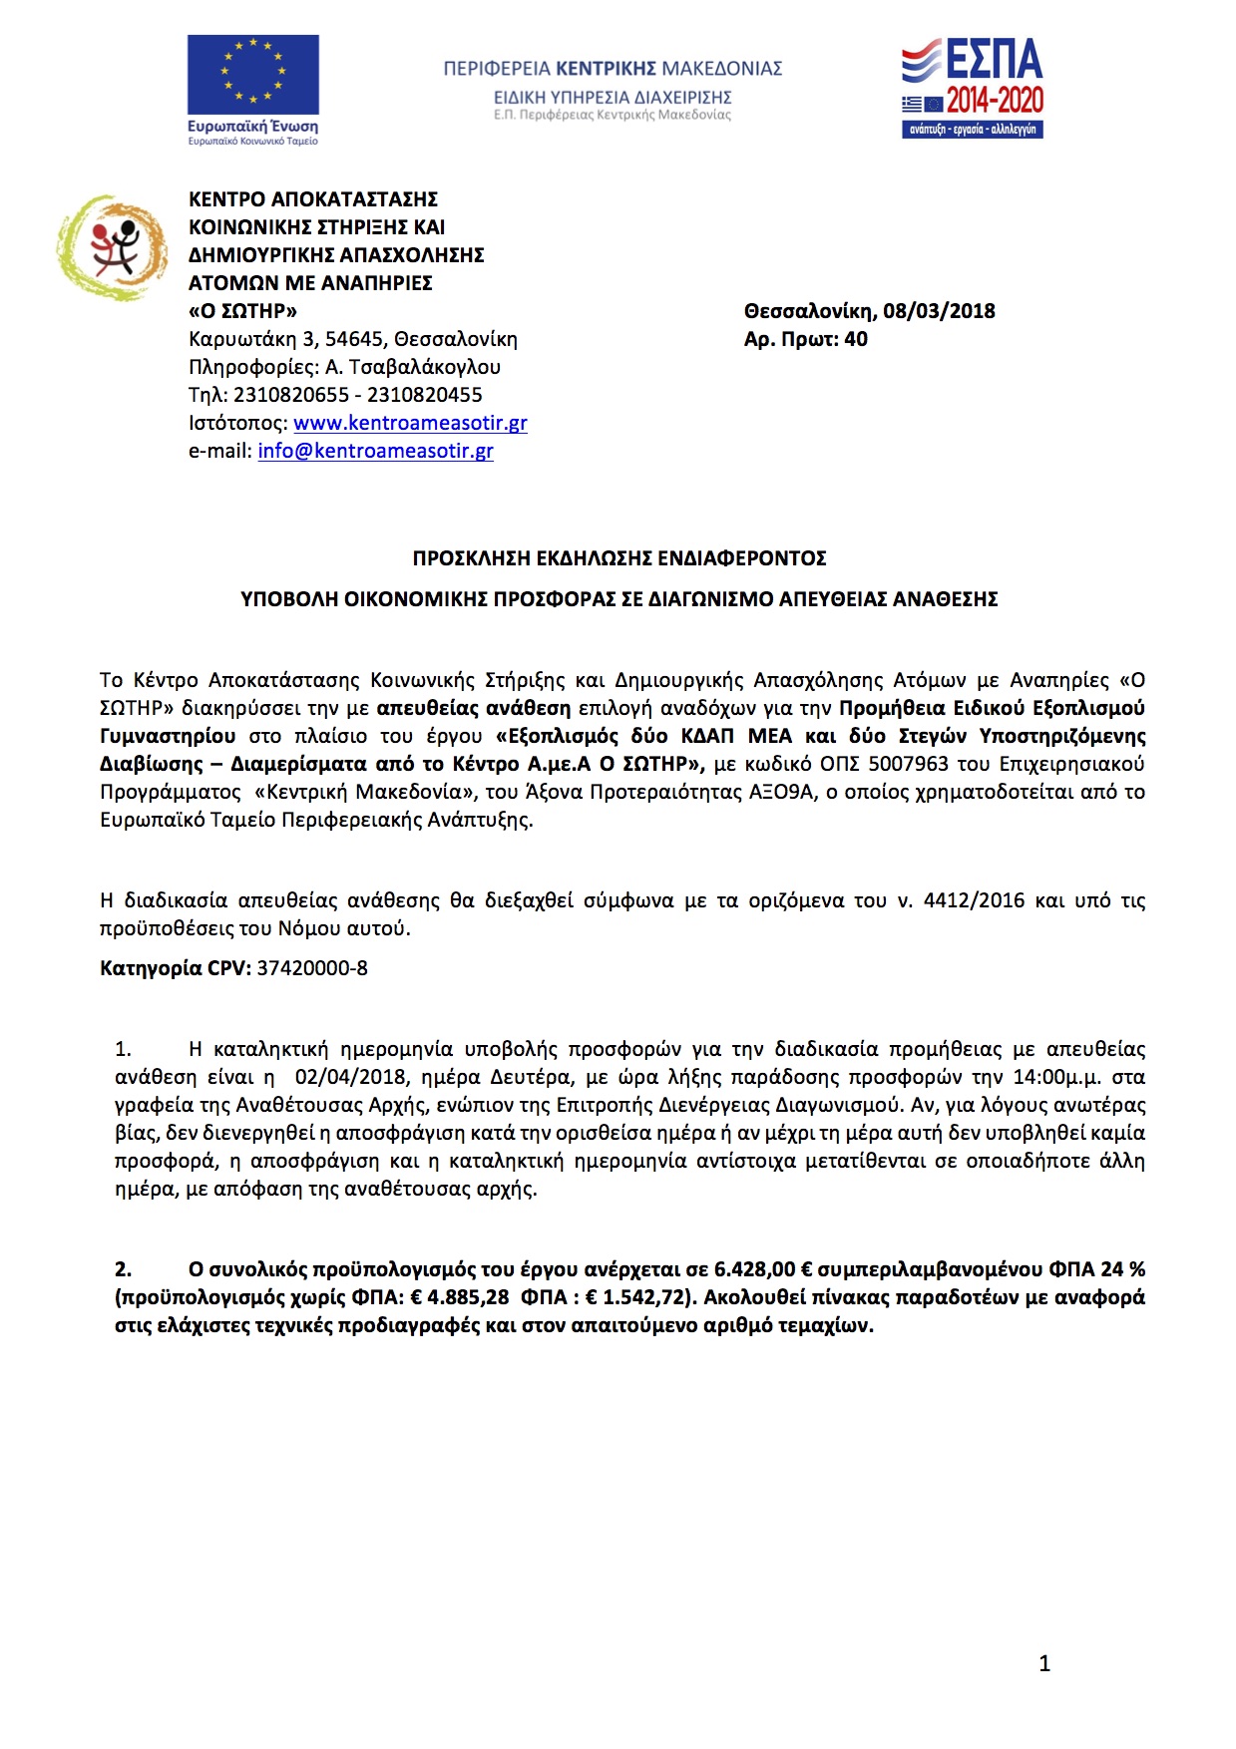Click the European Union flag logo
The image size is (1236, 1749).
click(x=253, y=75)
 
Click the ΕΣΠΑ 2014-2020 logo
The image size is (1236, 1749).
click(x=973, y=88)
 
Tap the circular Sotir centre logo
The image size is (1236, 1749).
click(x=112, y=247)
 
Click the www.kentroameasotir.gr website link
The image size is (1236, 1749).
click(x=410, y=423)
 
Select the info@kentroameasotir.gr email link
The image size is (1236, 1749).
click(x=375, y=451)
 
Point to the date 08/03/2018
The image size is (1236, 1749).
click(x=939, y=311)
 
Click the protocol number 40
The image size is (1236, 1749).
click(x=856, y=339)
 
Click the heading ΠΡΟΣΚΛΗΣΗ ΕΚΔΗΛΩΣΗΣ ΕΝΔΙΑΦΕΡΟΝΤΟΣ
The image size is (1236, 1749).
click(x=619, y=558)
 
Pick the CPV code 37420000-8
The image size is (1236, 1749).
click(x=312, y=968)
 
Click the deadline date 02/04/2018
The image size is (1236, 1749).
click(x=351, y=1077)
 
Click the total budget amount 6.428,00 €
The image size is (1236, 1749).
click(x=763, y=1269)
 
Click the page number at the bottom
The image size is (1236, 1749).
click(x=1044, y=1663)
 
